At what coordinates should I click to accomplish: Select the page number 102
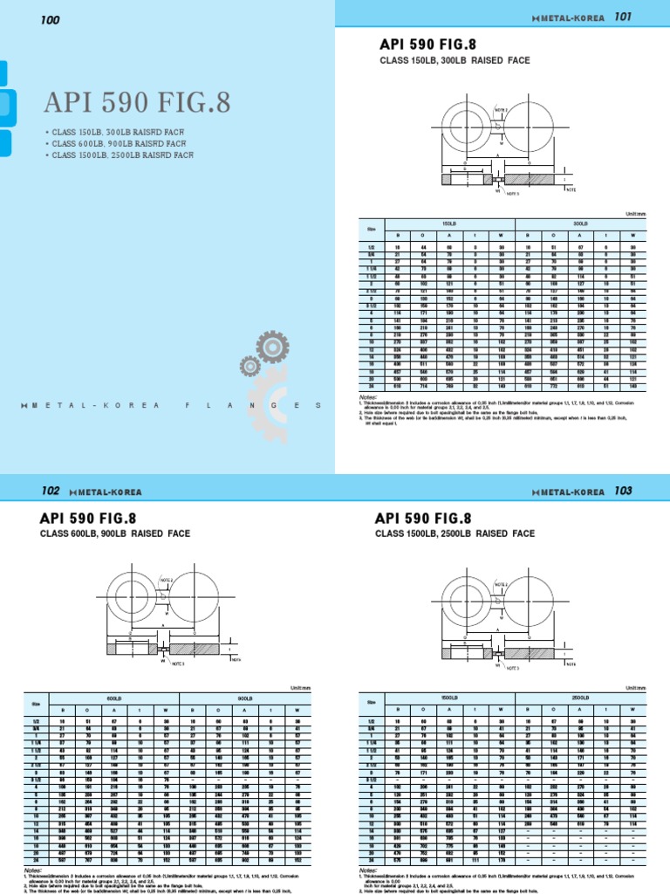tap(51, 491)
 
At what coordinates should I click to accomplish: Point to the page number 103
tap(622, 491)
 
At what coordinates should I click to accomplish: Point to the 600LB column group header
tap(113, 698)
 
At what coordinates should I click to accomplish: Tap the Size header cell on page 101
tap(370, 228)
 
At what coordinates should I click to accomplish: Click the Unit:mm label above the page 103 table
tap(646, 687)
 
